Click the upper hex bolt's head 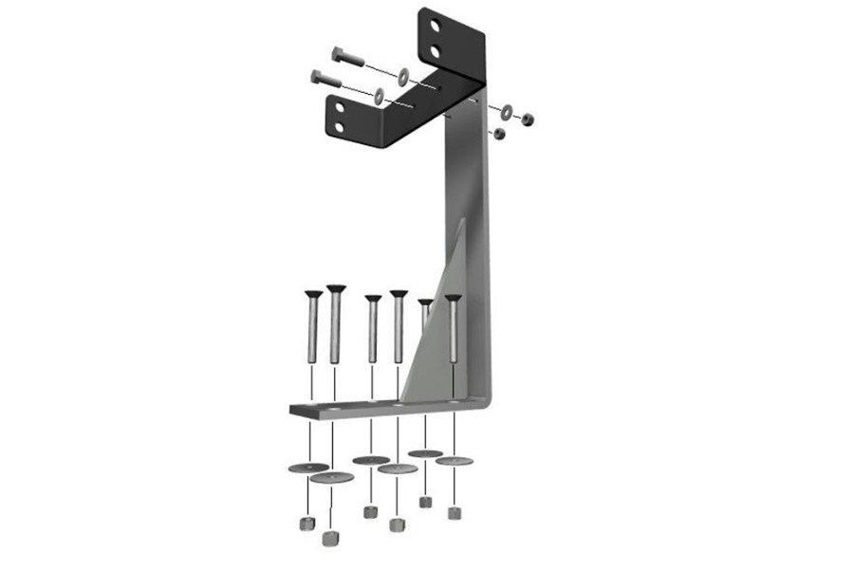[x=338, y=55]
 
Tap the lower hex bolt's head [x=315, y=77]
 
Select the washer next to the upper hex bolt [x=403, y=74]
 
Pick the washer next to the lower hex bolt [x=380, y=95]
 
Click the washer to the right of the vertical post [x=508, y=111]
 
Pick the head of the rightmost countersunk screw [x=453, y=299]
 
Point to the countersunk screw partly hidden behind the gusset [x=425, y=305]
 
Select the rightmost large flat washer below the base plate [x=455, y=462]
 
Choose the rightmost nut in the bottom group [x=455, y=514]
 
